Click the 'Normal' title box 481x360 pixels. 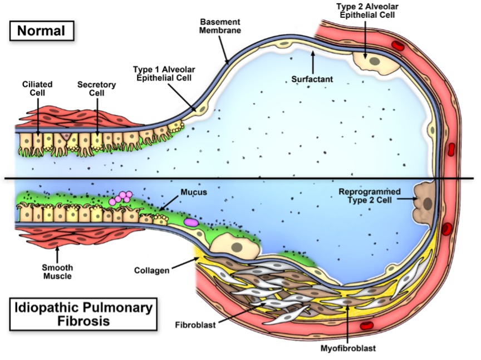coord(42,30)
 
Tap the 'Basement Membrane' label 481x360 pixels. coord(220,27)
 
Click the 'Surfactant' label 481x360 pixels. coord(312,80)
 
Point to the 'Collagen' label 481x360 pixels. coord(151,271)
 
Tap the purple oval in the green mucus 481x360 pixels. coord(191,221)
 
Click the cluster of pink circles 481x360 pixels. coord(121,198)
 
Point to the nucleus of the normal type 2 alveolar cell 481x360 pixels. coord(374,61)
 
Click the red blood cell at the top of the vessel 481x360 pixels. coord(397,45)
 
